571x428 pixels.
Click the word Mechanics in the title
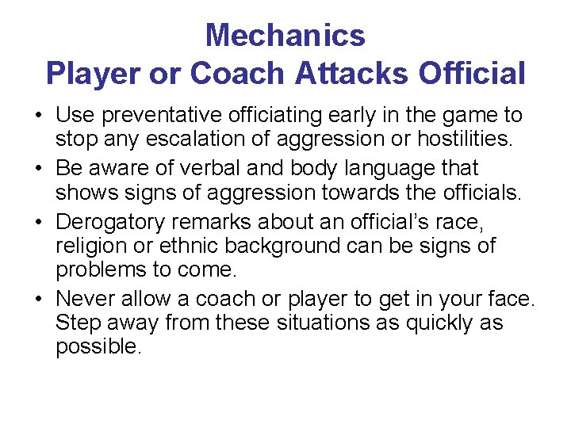[285, 36]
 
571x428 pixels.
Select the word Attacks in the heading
[351, 74]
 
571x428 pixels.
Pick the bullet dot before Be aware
[38, 170]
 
